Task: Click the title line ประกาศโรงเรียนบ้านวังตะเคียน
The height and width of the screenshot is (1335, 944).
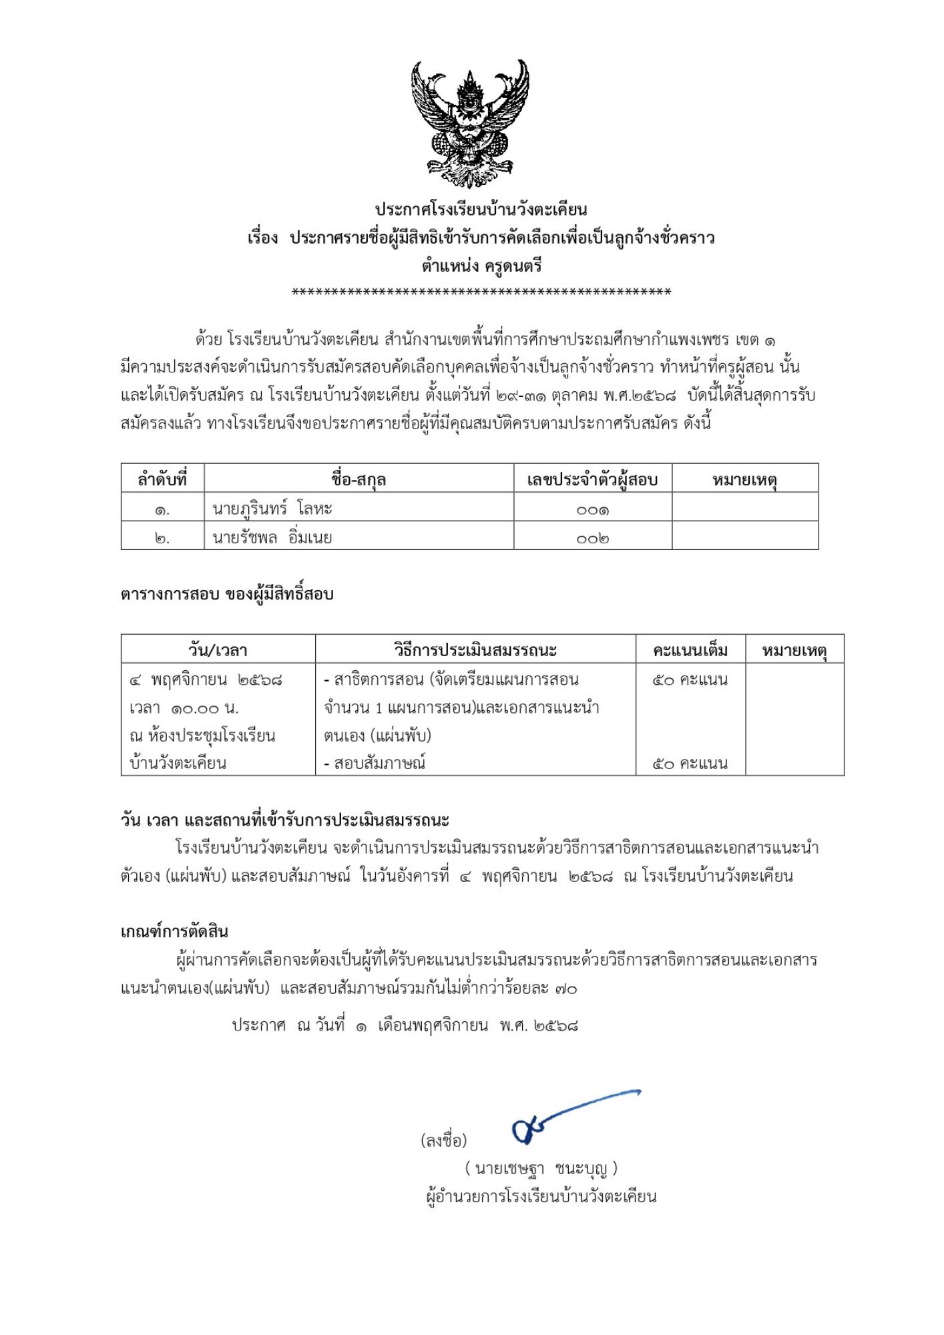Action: (x=481, y=210)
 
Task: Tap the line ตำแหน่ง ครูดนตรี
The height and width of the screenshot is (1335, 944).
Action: (x=481, y=266)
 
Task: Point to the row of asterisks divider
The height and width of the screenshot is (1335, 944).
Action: (x=481, y=292)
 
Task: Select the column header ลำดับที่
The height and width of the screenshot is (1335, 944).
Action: (x=162, y=479)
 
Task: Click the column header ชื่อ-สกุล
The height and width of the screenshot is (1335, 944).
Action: (x=359, y=479)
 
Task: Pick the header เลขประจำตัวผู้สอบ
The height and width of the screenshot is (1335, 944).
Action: (x=592, y=479)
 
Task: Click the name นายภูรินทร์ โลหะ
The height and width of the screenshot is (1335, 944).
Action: (x=272, y=509)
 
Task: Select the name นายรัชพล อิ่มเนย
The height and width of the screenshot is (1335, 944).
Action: (x=272, y=537)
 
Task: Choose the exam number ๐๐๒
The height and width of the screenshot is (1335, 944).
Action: (x=592, y=538)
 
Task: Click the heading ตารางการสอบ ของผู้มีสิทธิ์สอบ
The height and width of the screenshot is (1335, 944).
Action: (x=227, y=594)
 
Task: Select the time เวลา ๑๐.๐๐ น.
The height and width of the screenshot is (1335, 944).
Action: (x=184, y=708)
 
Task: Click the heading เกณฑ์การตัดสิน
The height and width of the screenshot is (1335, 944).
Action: (x=174, y=932)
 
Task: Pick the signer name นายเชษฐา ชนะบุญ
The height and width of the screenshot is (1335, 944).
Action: (x=541, y=1168)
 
